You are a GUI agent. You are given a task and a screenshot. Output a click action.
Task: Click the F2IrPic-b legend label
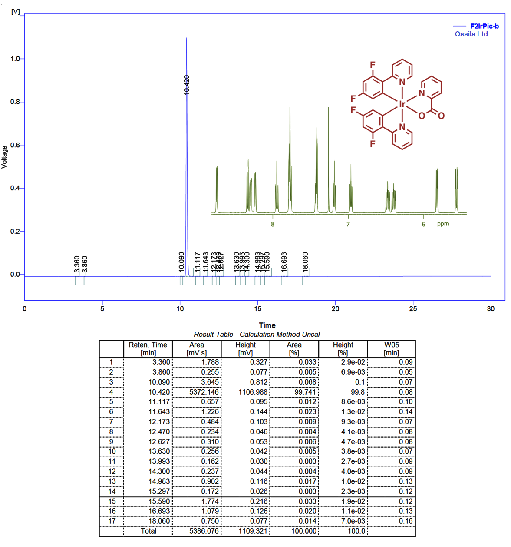tap(484, 26)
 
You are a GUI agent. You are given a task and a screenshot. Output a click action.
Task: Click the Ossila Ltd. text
tap(472, 34)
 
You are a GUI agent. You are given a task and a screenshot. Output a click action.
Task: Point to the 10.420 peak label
tap(187, 85)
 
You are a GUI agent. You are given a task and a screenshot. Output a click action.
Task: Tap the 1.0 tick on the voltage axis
tap(15, 59)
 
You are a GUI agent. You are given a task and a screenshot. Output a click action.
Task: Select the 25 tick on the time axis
tap(413, 308)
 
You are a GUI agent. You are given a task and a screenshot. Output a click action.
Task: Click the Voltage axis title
tap(4, 157)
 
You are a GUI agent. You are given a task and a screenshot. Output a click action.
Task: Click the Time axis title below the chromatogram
tap(267, 325)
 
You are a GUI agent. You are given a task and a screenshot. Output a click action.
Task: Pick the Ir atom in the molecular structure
tap(402, 104)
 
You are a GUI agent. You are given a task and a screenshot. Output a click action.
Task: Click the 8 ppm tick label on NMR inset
tap(273, 224)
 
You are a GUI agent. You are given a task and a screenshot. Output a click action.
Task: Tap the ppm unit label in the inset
tap(443, 224)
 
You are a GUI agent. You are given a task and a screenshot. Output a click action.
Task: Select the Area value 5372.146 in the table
tap(204, 392)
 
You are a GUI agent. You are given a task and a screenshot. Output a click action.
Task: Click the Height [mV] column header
tap(245, 348)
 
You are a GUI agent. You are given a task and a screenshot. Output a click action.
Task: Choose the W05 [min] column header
tap(391, 348)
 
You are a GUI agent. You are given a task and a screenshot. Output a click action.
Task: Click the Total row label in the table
tap(148, 531)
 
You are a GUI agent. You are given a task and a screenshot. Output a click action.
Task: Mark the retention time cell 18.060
tap(159, 521)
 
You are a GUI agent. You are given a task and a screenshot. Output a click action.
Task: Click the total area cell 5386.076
tap(204, 531)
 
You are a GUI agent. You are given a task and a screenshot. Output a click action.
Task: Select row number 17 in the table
tap(112, 521)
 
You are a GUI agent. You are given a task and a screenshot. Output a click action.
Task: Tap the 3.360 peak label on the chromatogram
tap(77, 264)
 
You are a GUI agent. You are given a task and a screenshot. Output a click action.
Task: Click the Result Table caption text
tap(257, 335)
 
